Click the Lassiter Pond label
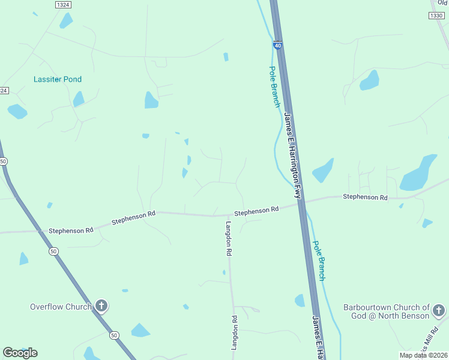point(58,79)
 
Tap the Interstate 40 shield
point(277,45)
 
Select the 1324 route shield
point(62,5)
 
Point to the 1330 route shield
point(436,16)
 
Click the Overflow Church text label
point(61,307)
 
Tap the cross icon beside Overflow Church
point(101,307)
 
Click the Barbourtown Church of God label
point(386,311)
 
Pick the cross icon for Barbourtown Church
point(439,310)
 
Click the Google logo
point(20,352)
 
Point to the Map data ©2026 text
point(423,355)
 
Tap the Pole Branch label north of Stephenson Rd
point(274,87)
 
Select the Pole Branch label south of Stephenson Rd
point(319,261)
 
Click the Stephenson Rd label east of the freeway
point(365,197)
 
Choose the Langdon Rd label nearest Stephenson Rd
point(229,239)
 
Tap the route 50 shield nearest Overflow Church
point(114,334)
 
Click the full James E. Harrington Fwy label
point(292,156)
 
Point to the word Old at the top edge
point(443,2)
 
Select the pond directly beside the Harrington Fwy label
point(323,171)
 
